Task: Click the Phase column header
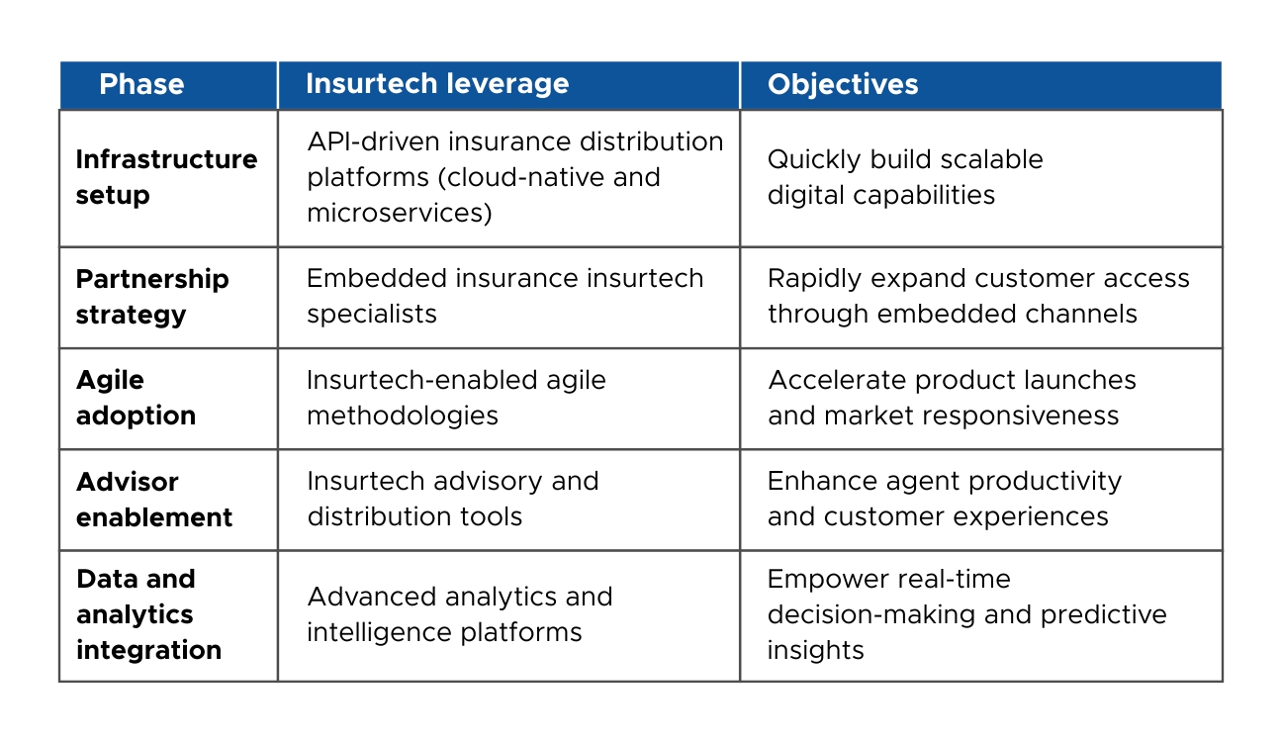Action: point(141,84)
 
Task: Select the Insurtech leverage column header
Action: point(437,83)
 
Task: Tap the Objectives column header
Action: point(843,84)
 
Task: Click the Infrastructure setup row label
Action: point(166,177)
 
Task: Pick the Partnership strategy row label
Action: point(152,297)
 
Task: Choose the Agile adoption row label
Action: point(136,398)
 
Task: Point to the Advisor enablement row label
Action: point(154,500)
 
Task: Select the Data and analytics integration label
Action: point(148,614)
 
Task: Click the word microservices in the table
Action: point(399,213)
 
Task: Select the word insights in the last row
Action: point(815,650)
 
